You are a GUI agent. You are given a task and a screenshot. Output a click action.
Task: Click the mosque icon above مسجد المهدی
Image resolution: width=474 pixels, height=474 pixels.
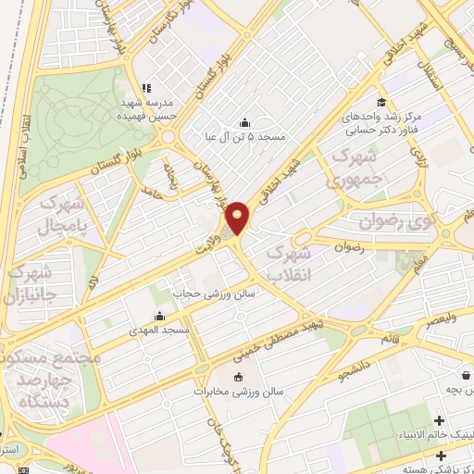click(x=161, y=316)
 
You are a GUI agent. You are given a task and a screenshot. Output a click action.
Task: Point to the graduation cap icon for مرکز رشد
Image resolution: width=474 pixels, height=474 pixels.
click(x=380, y=102)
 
